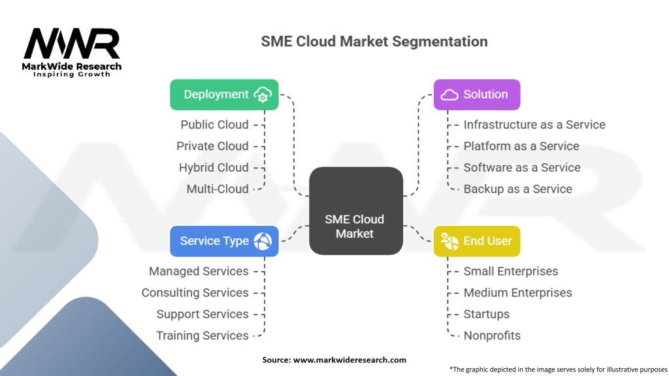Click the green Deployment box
tap(224, 95)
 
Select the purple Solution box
tap(476, 95)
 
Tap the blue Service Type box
tap(224, 242)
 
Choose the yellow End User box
tap(476, 242)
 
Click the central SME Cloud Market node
tap(356, 211)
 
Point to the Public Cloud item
tap(214, 125)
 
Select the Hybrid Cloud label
tap(214, 168)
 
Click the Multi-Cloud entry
tap(217, 189)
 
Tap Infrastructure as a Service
tap(534, 125)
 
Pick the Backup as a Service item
tap(517, 189)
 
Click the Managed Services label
tap(199, 271)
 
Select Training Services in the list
tap(203, 336)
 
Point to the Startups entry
tap(486, 314)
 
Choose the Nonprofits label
tap(492, 336)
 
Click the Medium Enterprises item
tap(517, 293)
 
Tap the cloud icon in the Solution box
tap(449, 95)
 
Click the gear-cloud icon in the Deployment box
tap(263, 95)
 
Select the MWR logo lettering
tap(72, 44)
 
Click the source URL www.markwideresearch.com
tap(350, 360)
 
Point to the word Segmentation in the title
tap(440, 42)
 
